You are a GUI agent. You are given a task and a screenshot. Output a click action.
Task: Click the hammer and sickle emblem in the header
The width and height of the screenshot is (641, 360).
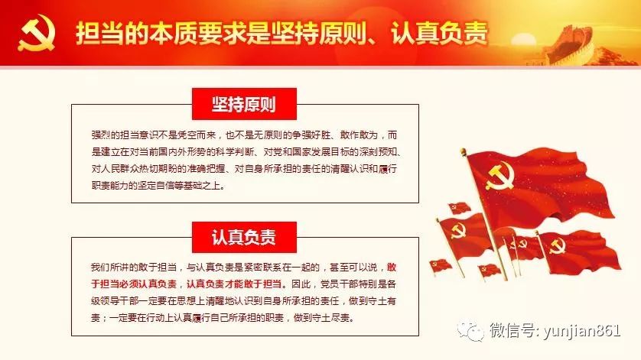pos(37,33)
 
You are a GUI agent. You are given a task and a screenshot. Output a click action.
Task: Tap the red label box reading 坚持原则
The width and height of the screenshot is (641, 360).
pos(244,104)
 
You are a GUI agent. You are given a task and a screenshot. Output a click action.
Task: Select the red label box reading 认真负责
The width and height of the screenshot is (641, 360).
pos(244,237)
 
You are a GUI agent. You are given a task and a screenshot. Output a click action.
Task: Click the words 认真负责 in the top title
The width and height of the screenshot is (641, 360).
pos(440,33)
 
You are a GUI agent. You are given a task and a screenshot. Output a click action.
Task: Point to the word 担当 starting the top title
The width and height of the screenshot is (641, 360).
pos(99,33)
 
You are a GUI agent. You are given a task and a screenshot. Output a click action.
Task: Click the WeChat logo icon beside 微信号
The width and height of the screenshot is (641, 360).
pos(470,331)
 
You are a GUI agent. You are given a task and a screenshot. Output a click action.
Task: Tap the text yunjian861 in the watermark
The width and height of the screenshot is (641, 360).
pos(582,330)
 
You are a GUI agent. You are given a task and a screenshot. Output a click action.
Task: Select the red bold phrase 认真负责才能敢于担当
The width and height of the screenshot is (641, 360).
pos(234,284)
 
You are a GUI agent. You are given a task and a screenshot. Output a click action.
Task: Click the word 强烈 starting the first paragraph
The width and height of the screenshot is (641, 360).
pos(100,135)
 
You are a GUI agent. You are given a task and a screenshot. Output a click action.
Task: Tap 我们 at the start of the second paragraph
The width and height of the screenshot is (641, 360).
pos(100,268)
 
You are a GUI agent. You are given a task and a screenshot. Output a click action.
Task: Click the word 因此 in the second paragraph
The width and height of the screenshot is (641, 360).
pos(301,284)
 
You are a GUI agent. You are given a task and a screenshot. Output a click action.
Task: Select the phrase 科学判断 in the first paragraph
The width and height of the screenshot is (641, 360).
pos(235,152)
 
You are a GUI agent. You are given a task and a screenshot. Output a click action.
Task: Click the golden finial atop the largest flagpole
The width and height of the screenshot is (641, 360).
pos(463,152)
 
